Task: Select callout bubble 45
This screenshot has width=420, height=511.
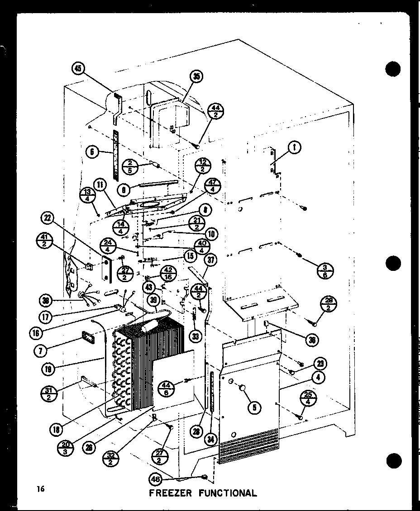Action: pos(79,69)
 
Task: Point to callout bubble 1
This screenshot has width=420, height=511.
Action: pos(295,147)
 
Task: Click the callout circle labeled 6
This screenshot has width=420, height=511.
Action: pos(93,152)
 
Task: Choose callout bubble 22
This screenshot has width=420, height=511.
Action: pos(48,218)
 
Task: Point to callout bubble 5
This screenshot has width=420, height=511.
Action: pos(255,407)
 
